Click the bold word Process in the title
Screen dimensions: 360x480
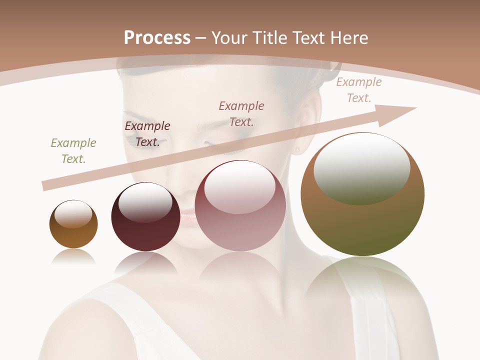click(157, 38)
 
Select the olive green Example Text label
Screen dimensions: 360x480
click(73, 151)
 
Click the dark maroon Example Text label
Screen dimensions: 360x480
click(147, 134)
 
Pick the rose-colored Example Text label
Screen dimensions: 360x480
click(241, 113)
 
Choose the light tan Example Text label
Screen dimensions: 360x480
click(359, 90)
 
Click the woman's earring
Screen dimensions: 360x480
click(297, 148)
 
